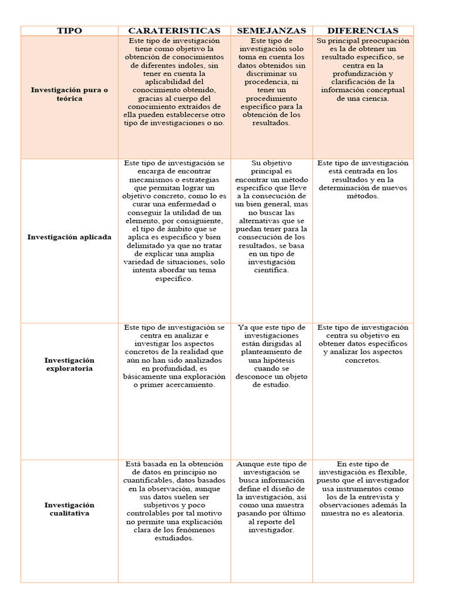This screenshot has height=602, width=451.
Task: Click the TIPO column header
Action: click(69, 31)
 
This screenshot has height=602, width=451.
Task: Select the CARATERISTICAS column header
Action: click(174, 31)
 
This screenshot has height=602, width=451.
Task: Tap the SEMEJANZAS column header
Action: click(271, 31)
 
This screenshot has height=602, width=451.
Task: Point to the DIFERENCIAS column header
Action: click(362, 31)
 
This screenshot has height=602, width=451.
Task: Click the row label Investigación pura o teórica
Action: click(69, 95)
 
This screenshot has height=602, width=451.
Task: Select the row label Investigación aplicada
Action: click(69, 237)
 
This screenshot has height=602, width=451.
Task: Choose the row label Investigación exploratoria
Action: click(69, 364)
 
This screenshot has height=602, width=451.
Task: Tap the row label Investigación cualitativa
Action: click(69, 509)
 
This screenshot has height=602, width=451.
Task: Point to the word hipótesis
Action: click(271, 360)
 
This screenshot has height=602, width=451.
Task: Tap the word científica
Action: click(271, 270)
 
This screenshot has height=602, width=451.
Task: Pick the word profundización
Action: click(363, 73)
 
